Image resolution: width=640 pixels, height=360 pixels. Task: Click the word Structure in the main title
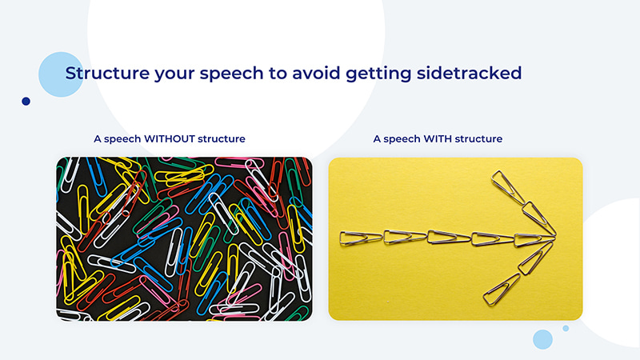pos(102,73)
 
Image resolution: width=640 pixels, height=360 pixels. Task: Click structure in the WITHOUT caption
pos(223,139)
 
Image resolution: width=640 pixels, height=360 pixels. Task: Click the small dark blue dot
pos(26,102)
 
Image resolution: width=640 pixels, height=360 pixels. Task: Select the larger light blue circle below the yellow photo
pos(543,339)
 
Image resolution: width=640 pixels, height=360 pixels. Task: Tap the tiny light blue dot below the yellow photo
pos(566,328)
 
